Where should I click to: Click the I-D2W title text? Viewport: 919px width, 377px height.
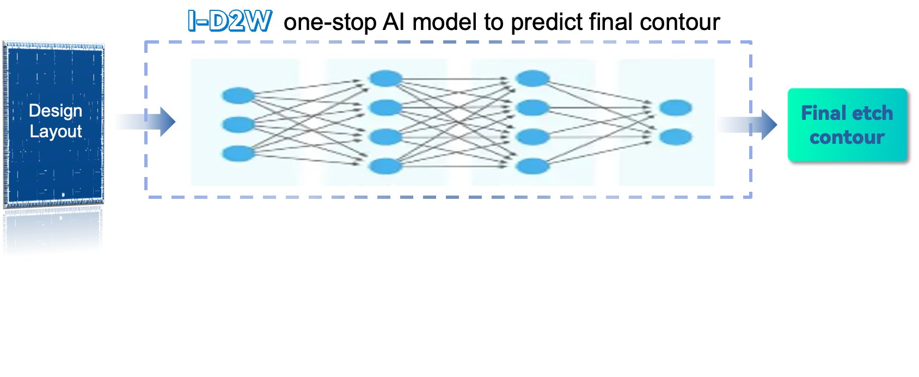tap(229, 21)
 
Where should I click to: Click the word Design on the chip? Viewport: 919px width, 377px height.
tap(56, 111)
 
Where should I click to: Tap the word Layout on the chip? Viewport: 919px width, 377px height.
tap(56, 131)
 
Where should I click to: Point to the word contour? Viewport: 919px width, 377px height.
tap(847, 137)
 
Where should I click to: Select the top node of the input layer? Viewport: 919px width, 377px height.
tap(238, 95)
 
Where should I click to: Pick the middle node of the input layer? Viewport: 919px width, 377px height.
tap(238, 124)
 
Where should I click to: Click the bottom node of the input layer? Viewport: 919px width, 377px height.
tap(238, 153)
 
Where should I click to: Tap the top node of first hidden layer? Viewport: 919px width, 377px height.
tap(385, 78)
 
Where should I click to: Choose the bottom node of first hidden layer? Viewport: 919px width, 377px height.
tap(385, 166)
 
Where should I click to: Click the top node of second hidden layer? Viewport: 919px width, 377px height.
tap(532, 78)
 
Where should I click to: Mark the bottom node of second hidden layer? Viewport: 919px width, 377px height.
tap(532, 166)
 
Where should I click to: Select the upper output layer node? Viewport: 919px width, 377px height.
tap(675, 108)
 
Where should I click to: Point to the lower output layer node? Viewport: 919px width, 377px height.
tap(675, 137)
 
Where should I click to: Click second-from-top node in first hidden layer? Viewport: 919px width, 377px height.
tap(385, 107)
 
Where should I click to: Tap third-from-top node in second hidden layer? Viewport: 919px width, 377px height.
tap(532, 137)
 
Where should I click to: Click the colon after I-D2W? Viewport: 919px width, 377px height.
tap(274, 23)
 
